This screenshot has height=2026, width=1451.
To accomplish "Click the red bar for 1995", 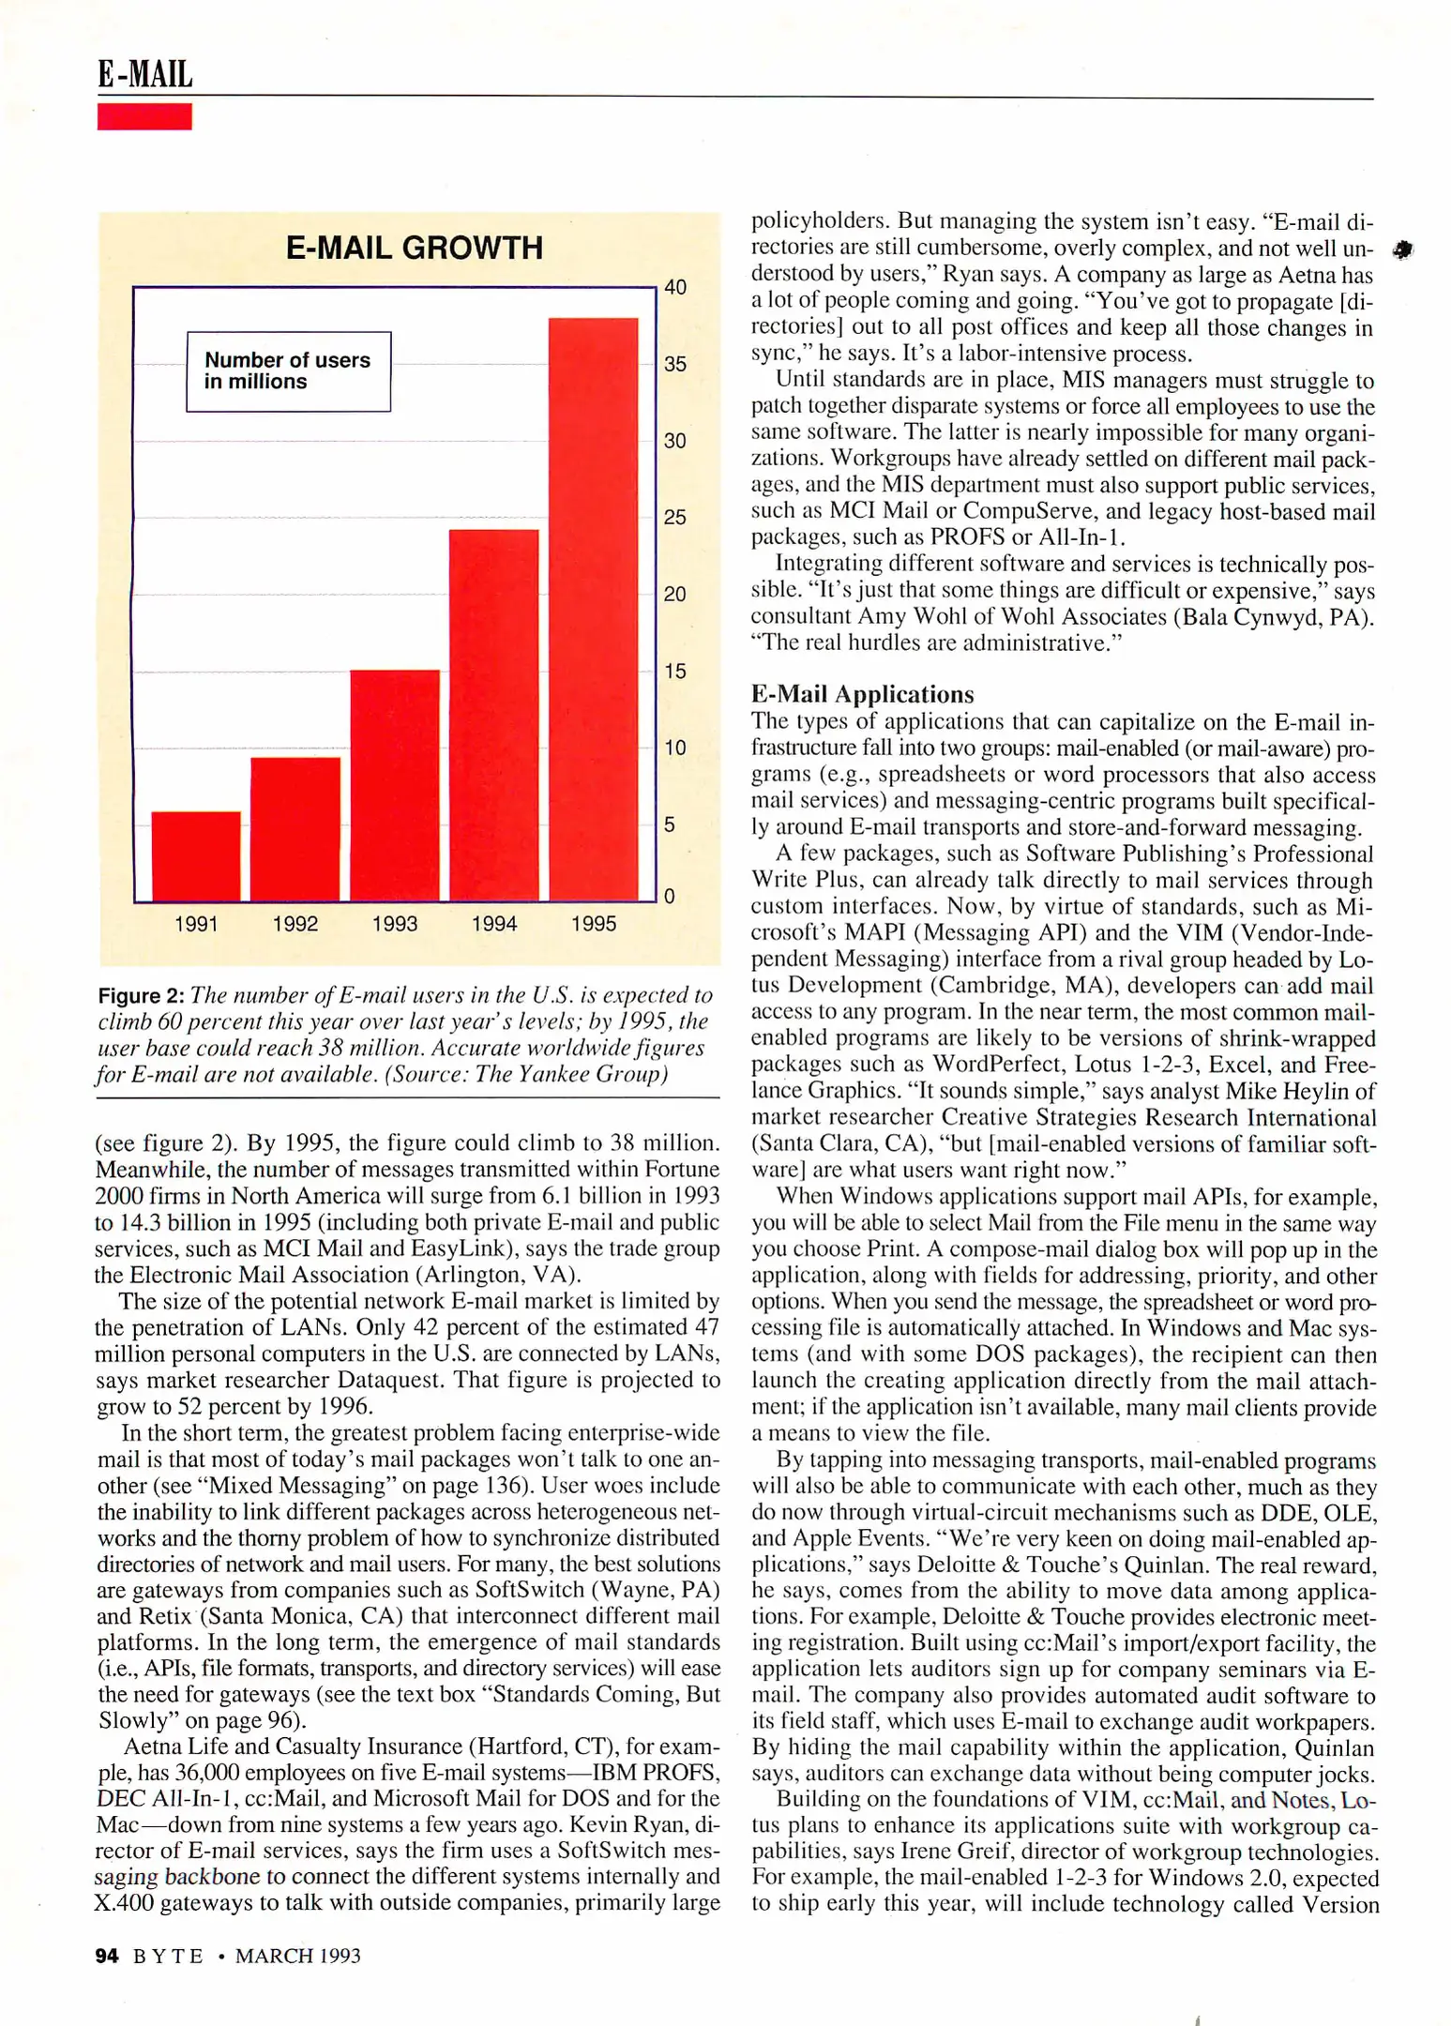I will coord(593,610).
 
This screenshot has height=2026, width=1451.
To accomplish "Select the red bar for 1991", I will coord(196,855).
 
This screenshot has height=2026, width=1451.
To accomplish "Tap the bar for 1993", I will coord(395,785).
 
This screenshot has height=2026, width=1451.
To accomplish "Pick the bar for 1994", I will coord(494,715).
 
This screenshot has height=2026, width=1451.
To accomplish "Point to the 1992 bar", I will coord(295,829).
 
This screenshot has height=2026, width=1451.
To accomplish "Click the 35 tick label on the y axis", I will coord(675,364).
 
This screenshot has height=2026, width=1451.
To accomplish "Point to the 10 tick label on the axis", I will coord(675,748).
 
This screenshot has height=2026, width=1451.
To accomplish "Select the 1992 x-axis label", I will coord(295,924).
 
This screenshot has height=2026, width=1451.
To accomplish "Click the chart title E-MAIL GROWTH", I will coord(414,248).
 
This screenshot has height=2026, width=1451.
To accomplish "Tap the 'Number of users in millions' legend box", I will coord(288,371).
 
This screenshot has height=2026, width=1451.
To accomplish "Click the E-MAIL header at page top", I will coord(144,74).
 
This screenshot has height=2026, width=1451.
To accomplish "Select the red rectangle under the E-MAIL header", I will coord(144,116).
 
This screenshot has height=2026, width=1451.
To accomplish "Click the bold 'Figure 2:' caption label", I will coord(141,996).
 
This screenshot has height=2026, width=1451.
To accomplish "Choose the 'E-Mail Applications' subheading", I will coord(862,694).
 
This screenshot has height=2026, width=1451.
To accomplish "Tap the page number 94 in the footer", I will coord(107,1956).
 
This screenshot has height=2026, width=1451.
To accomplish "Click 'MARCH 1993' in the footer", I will coord(297,1956).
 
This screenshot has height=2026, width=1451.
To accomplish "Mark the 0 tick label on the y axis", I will coord(669,897).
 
